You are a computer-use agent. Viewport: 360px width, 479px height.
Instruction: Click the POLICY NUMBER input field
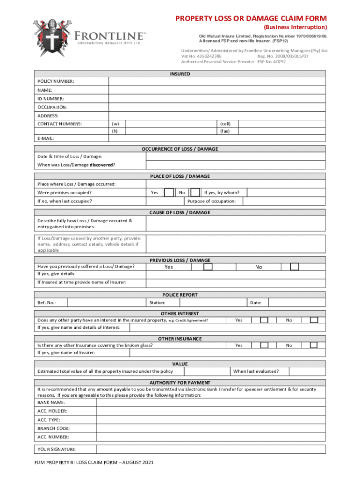[x=217, y=81]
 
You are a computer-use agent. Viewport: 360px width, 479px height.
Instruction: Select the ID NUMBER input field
[x=217, y=99]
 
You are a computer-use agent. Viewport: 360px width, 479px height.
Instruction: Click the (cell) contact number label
[x=225, y=124]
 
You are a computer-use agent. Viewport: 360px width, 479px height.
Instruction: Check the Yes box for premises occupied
[x=170, y=193]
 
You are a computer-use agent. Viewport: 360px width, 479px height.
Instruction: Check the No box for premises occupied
[x=195, y=193]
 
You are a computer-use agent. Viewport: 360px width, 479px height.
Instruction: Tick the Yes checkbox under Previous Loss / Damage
[x=208, y=267]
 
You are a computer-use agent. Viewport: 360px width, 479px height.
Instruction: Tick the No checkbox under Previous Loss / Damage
[x=294, y=267]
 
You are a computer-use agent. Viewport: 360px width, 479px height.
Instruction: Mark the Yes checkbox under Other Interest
[x=264, y=320]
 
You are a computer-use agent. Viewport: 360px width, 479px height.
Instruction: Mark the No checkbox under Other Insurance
[x=314, y=345]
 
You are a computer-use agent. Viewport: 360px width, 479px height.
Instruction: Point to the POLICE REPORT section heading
[x=180, y=295]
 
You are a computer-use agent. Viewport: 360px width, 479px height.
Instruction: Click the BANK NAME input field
[x=217, y=402]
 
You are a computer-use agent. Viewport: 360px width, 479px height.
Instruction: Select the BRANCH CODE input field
[x=217, y=428]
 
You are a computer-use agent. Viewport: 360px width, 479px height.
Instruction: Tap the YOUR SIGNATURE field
[x=217, y=450]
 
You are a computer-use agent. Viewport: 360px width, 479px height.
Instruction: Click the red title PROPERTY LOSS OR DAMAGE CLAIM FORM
[x=251, y=19]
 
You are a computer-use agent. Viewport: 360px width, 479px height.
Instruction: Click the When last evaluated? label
[x=256, y=371]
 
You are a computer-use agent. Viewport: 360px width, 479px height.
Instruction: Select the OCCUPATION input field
[x=217, y=107]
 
